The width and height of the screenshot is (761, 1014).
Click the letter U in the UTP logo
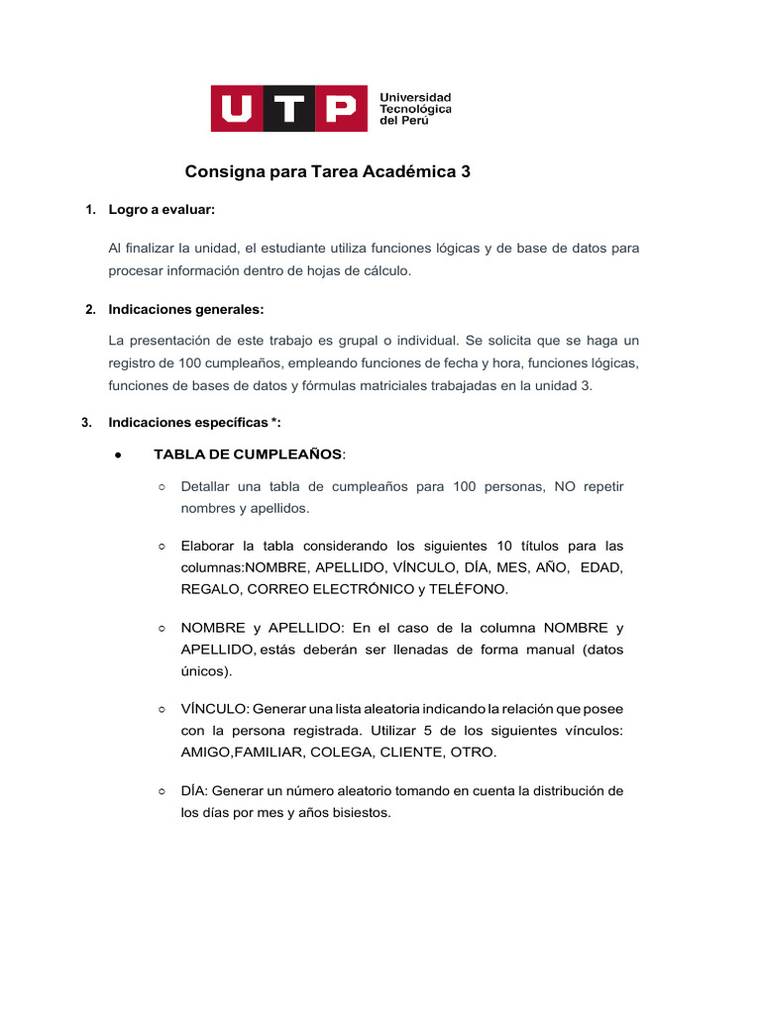[x=239, y=108]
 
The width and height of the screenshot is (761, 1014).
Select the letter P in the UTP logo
[x=339, y=108]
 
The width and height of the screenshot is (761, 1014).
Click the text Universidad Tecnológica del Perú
[x=416, y=109]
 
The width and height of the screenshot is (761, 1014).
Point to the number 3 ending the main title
[x=466, y=172]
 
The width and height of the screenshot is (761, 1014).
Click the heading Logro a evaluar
[x=162, y=210]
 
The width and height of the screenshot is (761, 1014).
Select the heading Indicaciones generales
[x=186, y=310]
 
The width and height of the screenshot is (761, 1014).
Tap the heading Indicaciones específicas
[x=194, y=423]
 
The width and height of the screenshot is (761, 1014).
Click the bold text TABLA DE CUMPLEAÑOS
[x=248, y=455]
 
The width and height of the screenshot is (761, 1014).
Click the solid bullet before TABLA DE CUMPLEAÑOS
[x=118, y=455]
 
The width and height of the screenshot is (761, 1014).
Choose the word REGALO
[x=210, y=588]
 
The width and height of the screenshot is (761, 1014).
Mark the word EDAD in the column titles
[x=601, y=566]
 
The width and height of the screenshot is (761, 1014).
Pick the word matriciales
[x=378, y=386]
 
